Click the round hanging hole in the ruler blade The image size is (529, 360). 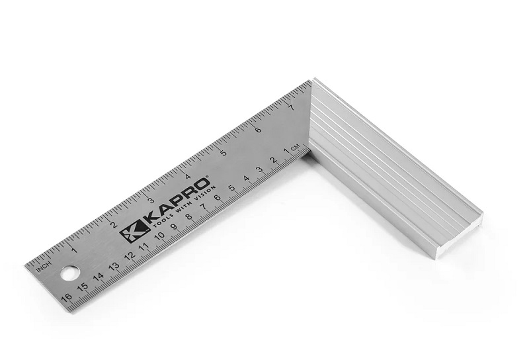(x=67, y=272)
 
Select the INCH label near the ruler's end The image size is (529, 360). (x=44, y=265)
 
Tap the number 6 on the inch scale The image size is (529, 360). (x=257, y=129)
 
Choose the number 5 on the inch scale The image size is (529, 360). (x=223, y=153)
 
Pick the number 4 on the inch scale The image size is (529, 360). (x=188, y=176)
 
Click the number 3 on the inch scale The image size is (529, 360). (x=151, y=200)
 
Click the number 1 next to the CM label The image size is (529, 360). (x=286, y=152)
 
